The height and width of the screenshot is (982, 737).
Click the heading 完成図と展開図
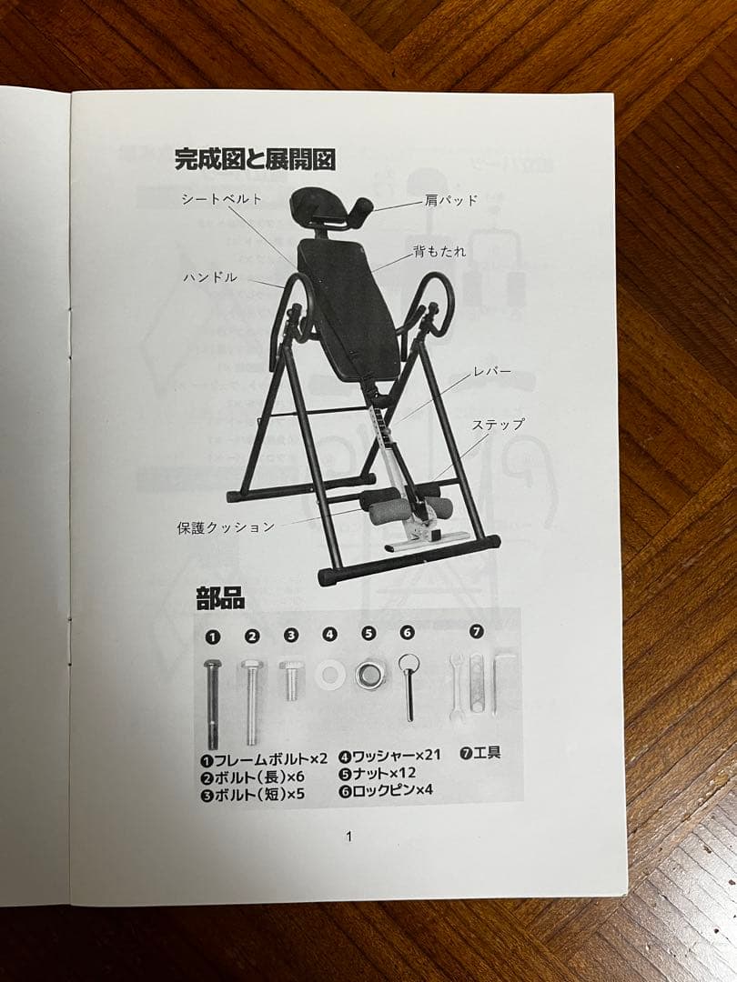(255, 160)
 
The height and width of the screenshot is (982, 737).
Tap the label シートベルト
(221, 198)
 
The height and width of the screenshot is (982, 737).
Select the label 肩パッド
(450, 201)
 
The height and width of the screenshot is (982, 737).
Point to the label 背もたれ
(440, 251)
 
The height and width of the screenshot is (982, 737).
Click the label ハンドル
(210, 276)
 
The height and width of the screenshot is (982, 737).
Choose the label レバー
(492, 372)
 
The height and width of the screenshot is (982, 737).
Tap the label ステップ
(498, 425)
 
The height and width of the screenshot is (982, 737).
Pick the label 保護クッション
(226, 526)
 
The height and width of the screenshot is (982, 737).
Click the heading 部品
(220, 598)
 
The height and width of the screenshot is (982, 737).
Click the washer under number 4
(328, 674)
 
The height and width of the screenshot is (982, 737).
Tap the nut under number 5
(368, 674)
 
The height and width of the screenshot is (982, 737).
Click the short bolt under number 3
(290, 679)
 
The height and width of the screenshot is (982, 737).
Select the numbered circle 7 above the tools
(477, 631)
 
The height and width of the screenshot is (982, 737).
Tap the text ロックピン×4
(386, 791)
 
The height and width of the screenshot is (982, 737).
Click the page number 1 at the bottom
(348, 837)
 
